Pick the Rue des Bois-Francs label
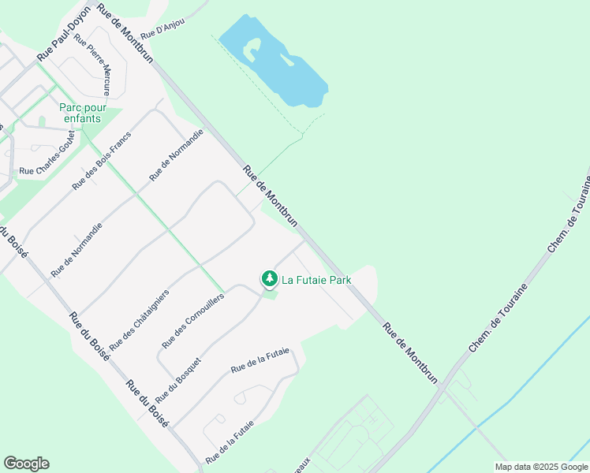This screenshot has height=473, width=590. point(102,161)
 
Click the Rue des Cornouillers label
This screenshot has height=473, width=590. point(193,321)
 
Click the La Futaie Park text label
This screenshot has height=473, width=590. point(316,279)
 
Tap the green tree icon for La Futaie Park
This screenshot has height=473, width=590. point(270,279)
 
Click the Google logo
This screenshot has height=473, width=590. point(27,464)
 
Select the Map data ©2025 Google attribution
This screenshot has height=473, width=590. point(541,467)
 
